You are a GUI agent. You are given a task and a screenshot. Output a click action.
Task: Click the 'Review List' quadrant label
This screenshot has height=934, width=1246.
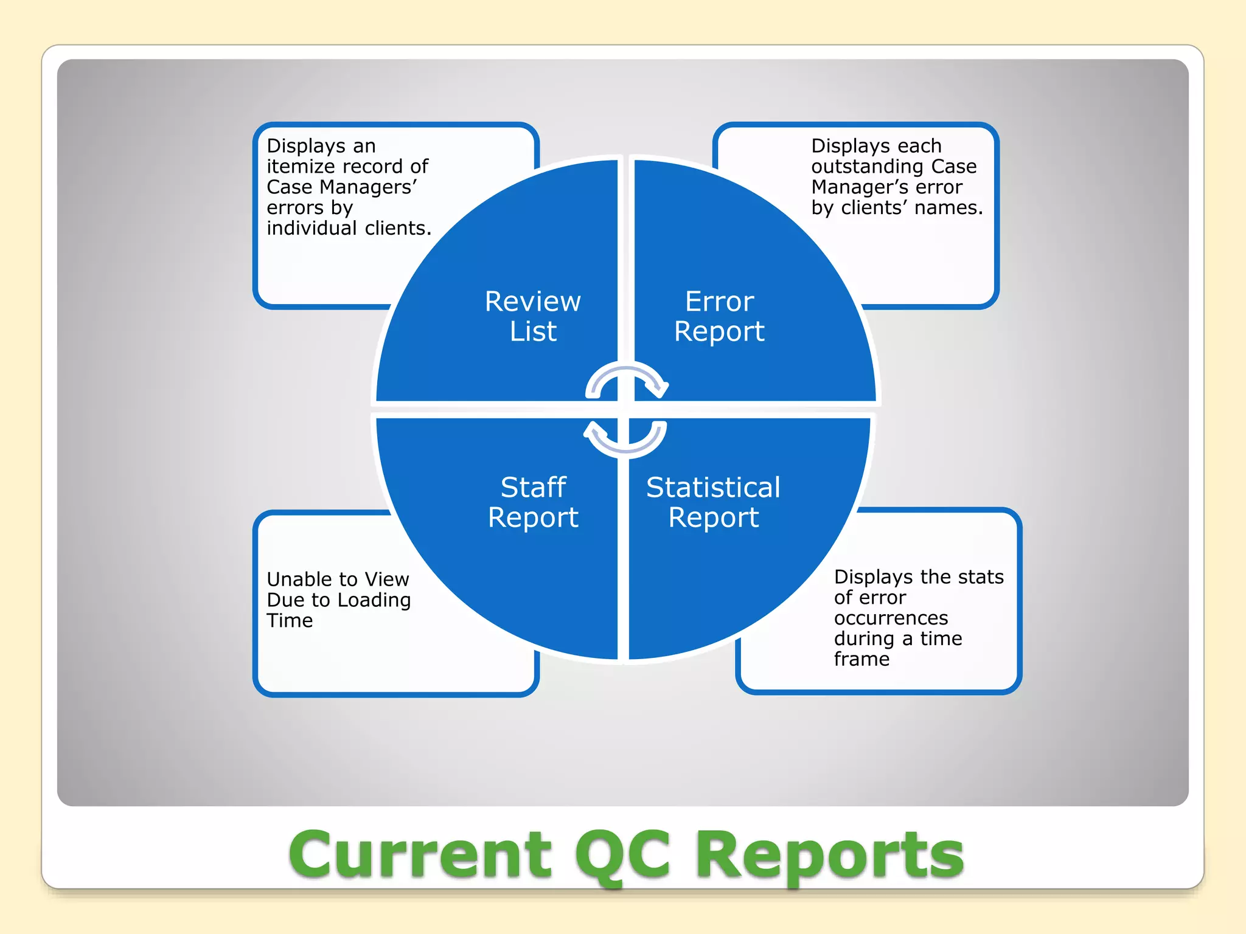(533, 316)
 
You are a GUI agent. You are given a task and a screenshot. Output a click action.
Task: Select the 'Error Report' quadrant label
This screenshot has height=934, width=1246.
(719, 316)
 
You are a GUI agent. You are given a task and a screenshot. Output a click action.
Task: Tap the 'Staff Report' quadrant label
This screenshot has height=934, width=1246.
(533, 502)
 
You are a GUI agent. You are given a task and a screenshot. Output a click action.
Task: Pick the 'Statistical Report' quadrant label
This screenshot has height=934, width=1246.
(713, 502)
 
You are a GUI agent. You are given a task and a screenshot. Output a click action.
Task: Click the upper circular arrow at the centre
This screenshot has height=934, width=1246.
(627, 380)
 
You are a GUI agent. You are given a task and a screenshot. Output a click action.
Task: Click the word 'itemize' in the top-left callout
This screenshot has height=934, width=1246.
(302, 167)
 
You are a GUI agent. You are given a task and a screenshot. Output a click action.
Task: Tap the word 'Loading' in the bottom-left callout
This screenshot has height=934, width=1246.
(374, 600)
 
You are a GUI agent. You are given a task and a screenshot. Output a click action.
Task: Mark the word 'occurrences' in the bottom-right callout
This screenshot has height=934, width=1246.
(891, 618)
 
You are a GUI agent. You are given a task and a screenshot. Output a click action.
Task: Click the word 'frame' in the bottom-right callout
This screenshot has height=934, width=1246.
(861, 659)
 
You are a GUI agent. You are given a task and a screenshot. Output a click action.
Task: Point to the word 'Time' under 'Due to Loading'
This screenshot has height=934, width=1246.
(290, 621)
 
